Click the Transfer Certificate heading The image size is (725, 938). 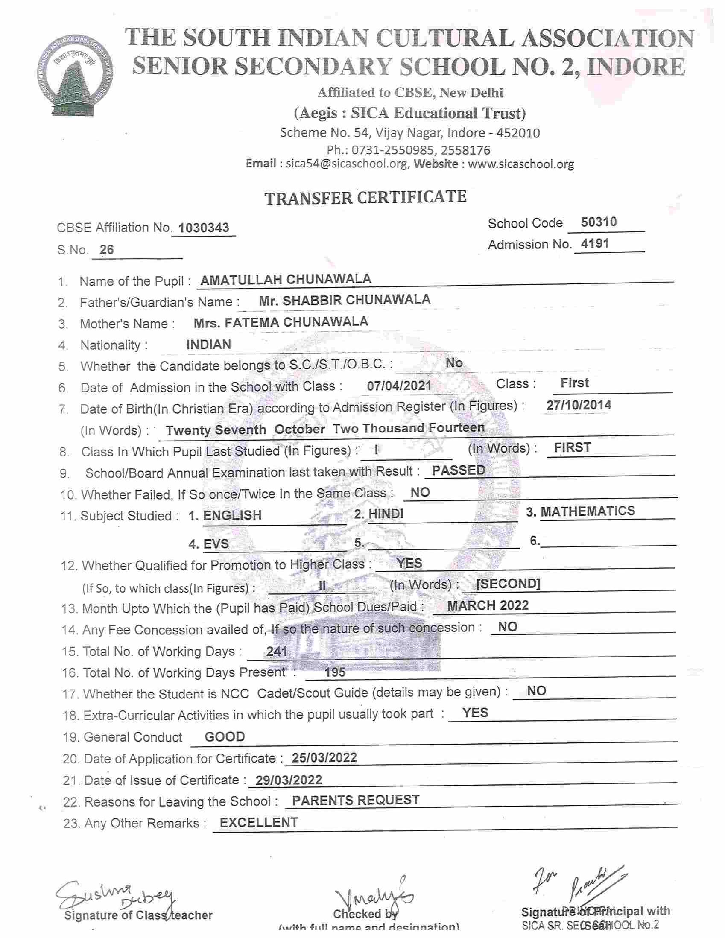(365, 197)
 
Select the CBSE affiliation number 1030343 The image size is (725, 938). (204, 228)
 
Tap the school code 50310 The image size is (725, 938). (598, 222)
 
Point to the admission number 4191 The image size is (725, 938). (595, 243)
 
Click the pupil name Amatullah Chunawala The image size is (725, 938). (286, 279)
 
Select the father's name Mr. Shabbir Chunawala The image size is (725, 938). (345, 300)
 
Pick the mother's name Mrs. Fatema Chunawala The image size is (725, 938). (281, 322)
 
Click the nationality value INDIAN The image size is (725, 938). (209, 344)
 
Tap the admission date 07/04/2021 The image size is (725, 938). (399, 385)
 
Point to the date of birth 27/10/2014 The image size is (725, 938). (579, 405)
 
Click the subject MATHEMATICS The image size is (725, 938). (587, 511)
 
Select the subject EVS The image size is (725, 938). (216, 544)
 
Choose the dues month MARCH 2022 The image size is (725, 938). (488, 605)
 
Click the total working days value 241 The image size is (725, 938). (277, 652)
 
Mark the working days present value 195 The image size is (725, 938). (335, 672)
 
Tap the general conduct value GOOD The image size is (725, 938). (225, 737)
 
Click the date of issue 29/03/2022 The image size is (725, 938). (289, 780)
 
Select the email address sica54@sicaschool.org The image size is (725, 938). (347, 164)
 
